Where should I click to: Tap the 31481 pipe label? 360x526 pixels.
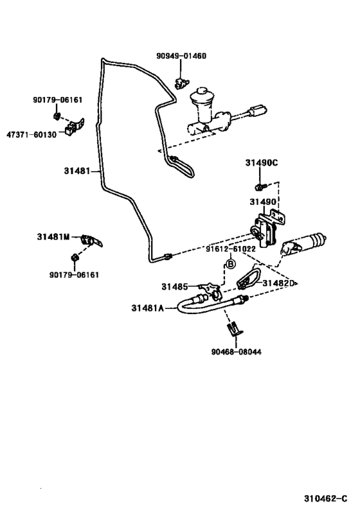tap(77, 171)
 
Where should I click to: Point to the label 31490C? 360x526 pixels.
tap(261, 162)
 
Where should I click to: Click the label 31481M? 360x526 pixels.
tap(53, 237)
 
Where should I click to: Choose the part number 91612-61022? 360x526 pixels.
tap(231, 249)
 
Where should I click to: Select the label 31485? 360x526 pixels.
tap(174, 286)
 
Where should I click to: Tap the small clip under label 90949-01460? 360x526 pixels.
tap(181, 82)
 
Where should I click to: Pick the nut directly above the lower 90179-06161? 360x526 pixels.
tap(74, 258)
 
